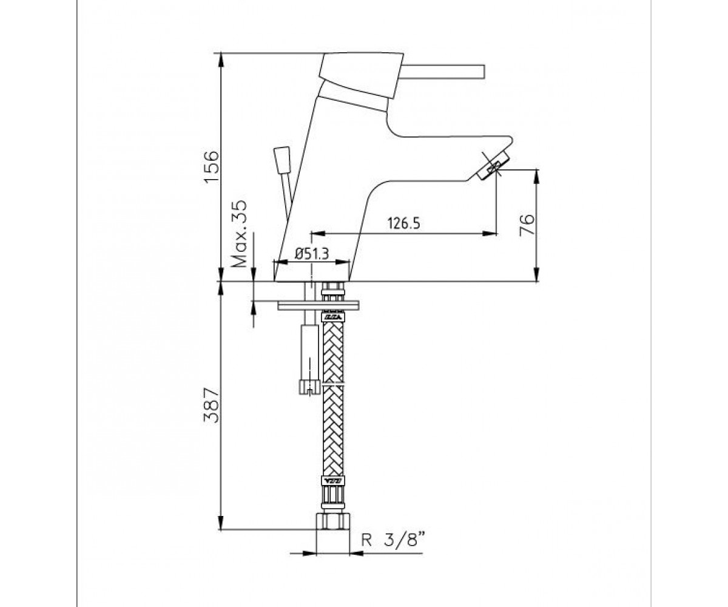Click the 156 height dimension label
(212, 166)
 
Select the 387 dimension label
(212, 405)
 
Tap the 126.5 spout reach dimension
(404, 223)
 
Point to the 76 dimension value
(527, 225)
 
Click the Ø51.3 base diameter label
(312, 254)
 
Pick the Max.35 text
(240, 234)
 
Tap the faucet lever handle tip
(483, 71)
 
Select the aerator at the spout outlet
(492, 167)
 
